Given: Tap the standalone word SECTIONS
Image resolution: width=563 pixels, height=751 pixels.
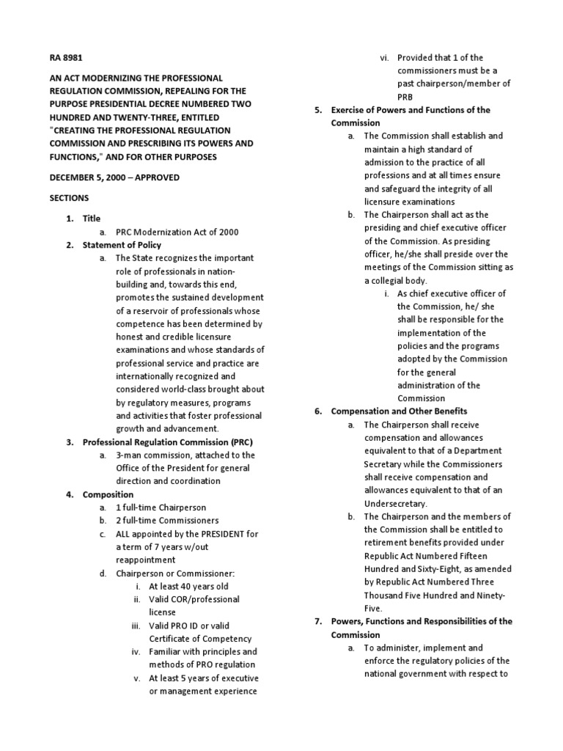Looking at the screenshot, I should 69,198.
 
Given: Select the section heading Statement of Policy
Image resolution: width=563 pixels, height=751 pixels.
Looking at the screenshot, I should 122,245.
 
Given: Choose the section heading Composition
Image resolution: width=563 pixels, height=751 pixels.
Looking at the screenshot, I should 108,495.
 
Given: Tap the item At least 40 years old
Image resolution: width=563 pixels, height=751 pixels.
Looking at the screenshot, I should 188,587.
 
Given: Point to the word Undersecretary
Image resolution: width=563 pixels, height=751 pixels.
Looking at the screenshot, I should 395,504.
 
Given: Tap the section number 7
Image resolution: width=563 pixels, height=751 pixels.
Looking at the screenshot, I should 318,621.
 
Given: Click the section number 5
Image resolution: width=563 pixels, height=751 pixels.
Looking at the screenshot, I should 318,110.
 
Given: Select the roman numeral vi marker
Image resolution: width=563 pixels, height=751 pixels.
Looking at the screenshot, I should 383,57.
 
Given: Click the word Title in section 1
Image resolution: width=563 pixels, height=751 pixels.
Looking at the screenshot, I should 92,219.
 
